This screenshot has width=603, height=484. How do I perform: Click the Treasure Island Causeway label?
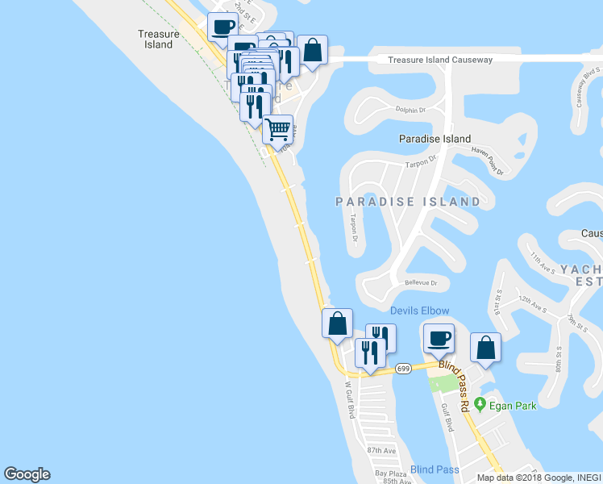tap(439, 60)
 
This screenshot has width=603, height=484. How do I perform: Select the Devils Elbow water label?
tap(419, 311)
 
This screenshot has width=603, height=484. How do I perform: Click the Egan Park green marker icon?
tap(480, 404)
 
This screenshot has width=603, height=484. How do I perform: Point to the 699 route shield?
tap(404, 369)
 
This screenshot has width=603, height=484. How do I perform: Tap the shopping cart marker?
tap(278, 128)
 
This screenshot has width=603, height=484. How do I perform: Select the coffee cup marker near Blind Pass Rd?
tap(439, 338)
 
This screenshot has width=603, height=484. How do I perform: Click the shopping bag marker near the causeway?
tap(312, 50)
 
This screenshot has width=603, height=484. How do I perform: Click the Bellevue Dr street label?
tap(421, 283)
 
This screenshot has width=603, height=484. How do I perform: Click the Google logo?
tap(27, 474)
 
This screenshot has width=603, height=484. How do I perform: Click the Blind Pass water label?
tap(434, 469)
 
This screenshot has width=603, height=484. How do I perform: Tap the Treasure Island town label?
tap(155, 40)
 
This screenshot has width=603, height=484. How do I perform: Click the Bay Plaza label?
tap(388, 473)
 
